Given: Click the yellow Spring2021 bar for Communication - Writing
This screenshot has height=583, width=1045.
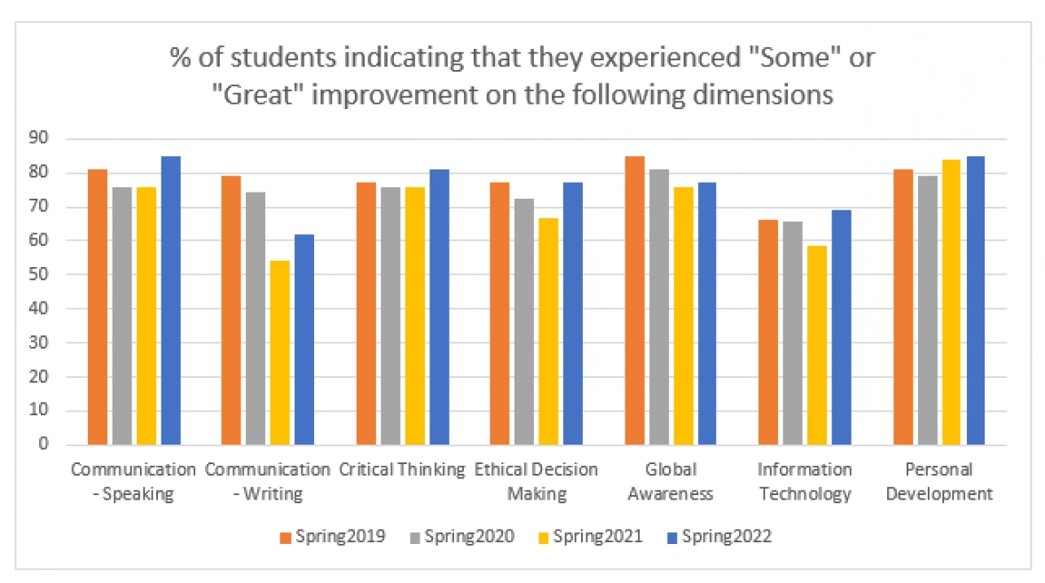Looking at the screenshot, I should point(280,352).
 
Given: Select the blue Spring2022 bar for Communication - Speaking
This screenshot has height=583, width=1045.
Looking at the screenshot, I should point(170,300).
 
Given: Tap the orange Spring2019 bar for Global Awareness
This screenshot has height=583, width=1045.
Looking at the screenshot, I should point(634,300).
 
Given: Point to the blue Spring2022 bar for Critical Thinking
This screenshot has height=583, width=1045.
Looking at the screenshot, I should point(439,306).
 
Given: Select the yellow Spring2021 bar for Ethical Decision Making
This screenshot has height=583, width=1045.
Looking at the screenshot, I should point(548,331).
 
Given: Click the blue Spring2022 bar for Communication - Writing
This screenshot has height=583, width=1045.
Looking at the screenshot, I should point(304,339).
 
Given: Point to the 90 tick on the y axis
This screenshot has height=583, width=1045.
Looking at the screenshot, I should point(40,138).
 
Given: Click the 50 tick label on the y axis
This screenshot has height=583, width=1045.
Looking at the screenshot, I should point(40,275).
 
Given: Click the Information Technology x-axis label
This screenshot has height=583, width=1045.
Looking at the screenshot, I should point(805,481).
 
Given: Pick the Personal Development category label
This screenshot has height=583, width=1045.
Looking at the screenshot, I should point(939,481).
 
